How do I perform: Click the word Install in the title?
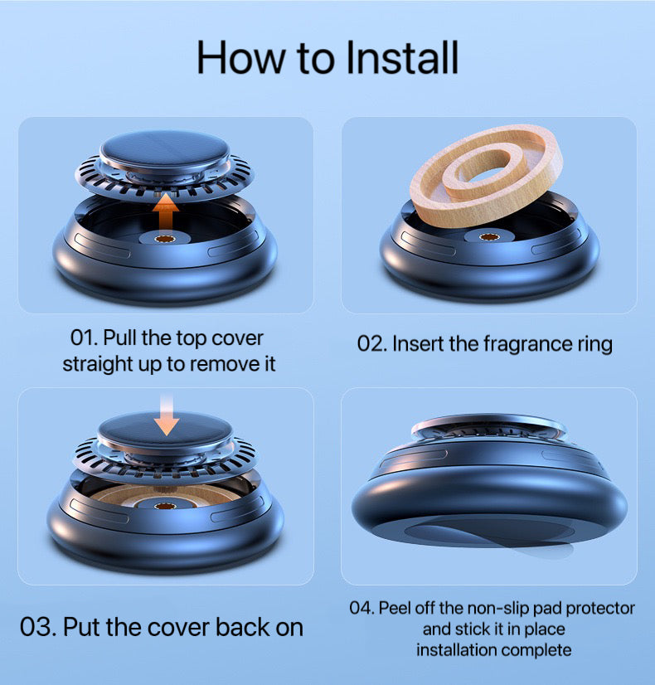pos(402,58)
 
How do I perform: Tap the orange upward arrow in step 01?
pos(166,213)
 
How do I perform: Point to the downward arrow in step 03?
pos(167,414)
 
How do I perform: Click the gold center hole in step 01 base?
pos(165,239)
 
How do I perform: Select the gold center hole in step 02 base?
pos(489,237)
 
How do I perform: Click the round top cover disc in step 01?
pos(165,151)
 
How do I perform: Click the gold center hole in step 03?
pos(165,507)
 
